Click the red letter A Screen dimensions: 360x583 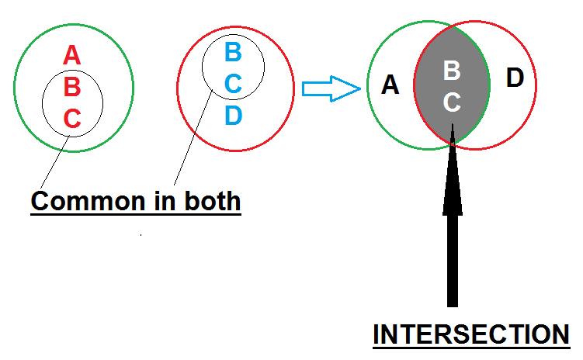(71, 56)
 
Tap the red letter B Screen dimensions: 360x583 (71, 87)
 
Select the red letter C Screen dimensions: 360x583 (71, 119)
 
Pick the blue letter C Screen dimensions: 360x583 (233, 84)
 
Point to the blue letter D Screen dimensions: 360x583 (233, 115)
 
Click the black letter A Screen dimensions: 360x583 (390, 85)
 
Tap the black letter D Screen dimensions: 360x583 (515, 78)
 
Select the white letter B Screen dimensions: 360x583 (452, 71)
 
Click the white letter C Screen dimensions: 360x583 (452, 102)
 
